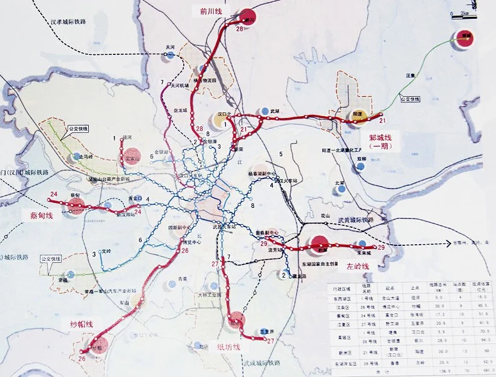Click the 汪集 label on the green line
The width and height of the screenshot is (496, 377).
[410, 76]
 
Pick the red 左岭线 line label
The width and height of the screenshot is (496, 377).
[359, 267]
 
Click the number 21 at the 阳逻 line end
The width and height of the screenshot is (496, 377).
[383, 120]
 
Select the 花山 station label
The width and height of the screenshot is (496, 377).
[324, 215]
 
